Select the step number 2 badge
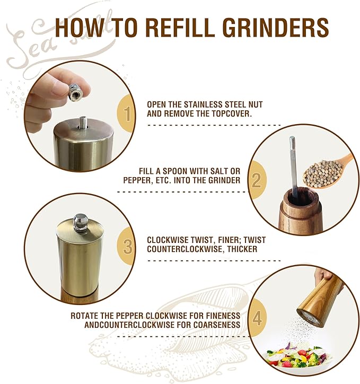(257, 180)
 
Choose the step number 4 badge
(257, 318)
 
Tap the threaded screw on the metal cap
(83, 123)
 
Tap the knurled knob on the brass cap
(80, 223)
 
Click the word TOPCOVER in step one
(232, 114)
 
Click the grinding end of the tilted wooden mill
(309, 318)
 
